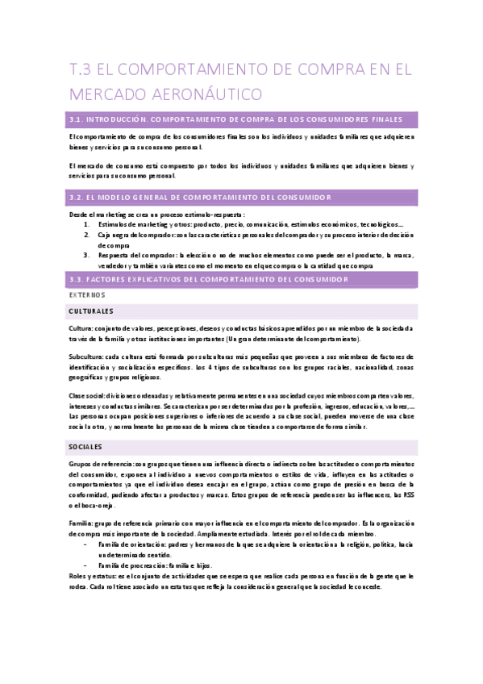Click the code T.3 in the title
(x=83, y=70)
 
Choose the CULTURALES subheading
(x=91, y=311)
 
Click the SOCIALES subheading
(x=85, y=446)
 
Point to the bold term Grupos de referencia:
(x=102, y=464)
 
